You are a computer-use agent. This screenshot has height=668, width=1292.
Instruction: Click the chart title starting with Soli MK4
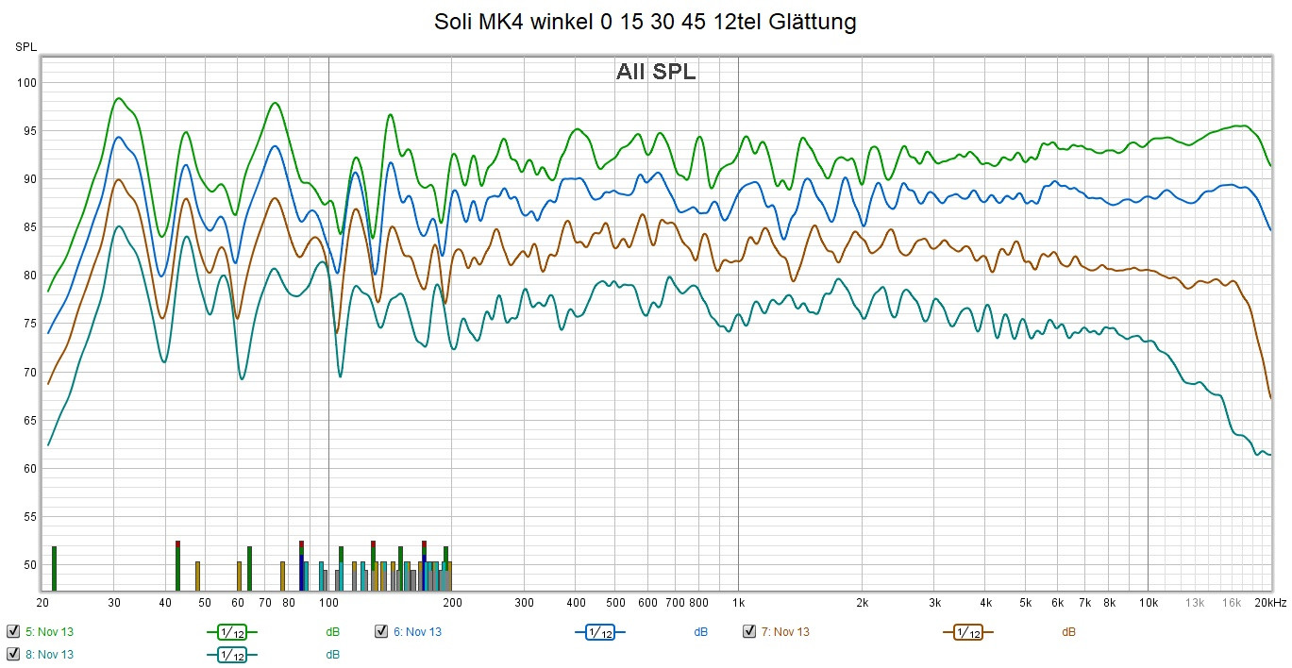[x=646, y=22]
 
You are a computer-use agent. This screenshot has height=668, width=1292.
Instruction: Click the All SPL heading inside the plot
[x=656, y=72]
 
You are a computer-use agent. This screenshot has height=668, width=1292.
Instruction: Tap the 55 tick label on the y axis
[x=28, y=517]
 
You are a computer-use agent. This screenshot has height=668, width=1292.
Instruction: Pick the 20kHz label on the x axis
[x=1270, y=602]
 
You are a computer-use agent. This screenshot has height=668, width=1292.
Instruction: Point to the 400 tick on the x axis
[x=575, y=602]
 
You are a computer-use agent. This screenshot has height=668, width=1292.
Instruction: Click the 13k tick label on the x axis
[x=1195, y=602]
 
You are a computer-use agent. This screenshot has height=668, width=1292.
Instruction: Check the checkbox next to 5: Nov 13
[x=13, y=631]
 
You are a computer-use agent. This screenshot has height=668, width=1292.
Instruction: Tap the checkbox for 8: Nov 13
[x=13, y=654]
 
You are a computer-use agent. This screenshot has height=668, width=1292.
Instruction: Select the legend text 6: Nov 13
[x=417, y=632]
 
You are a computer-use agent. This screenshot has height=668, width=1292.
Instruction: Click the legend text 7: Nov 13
[x=785, y=632]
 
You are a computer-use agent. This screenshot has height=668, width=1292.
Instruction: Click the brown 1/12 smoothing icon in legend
[x=967, y=632]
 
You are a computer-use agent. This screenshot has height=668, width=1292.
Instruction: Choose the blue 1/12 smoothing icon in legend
[x=599, y=632]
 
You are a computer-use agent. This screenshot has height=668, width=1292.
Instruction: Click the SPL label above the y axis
[x=25, y=46]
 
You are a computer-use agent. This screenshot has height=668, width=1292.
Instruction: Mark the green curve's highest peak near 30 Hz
[x=119, y=98]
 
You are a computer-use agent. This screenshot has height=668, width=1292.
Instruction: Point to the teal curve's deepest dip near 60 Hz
[x=242, y=379]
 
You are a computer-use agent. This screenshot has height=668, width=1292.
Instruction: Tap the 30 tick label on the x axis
[x=115, y=602]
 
